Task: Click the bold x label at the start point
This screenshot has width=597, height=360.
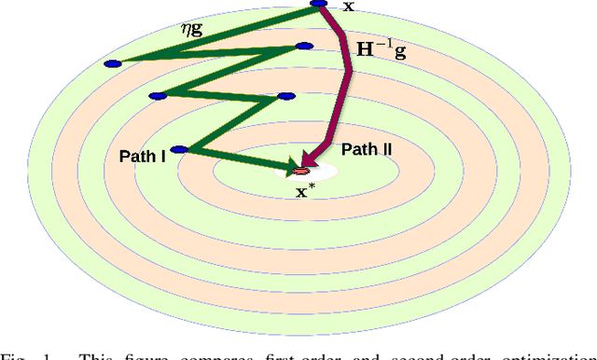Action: [x=349, y=7]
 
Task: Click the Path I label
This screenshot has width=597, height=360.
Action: [x=143, y=155]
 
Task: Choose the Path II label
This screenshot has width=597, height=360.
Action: [x=367, y=149]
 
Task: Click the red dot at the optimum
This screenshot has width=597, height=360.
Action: [x=300, y=172]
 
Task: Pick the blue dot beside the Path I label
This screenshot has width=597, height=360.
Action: [x=180, y=149]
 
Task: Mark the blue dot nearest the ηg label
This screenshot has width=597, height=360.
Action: [x=113, y=63]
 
